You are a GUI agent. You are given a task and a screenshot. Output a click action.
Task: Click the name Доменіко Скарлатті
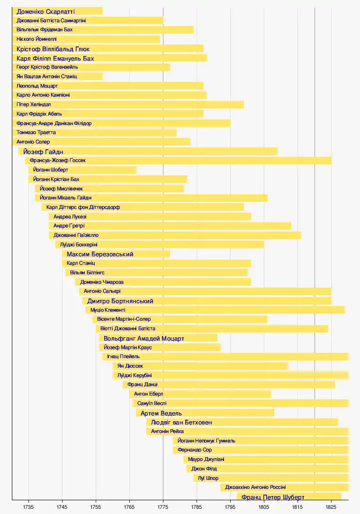(45, 11)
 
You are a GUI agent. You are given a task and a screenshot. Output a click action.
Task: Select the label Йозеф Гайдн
(43, 152)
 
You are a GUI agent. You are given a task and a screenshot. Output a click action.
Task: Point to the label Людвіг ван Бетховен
(181, 422)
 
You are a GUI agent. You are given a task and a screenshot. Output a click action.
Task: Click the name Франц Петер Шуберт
(273, 497)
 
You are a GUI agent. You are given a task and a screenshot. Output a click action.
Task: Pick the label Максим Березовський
(100, 254)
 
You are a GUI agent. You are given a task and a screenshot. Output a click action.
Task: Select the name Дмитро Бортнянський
(120, 301)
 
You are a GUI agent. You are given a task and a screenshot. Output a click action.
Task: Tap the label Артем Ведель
(161, 413)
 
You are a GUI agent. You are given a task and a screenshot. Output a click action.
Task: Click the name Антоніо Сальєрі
(102, 291)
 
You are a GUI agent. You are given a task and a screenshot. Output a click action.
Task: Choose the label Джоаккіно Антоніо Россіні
(255, 487)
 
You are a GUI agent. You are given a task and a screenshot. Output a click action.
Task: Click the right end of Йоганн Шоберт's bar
(136, 170)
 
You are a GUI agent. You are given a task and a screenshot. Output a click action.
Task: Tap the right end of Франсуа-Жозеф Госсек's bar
(331, 161)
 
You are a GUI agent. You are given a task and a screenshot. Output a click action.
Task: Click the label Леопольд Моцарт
(37, 86)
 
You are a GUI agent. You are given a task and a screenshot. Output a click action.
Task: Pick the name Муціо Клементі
(108, 310)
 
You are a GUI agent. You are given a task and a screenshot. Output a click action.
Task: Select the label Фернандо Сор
(195, 450)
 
